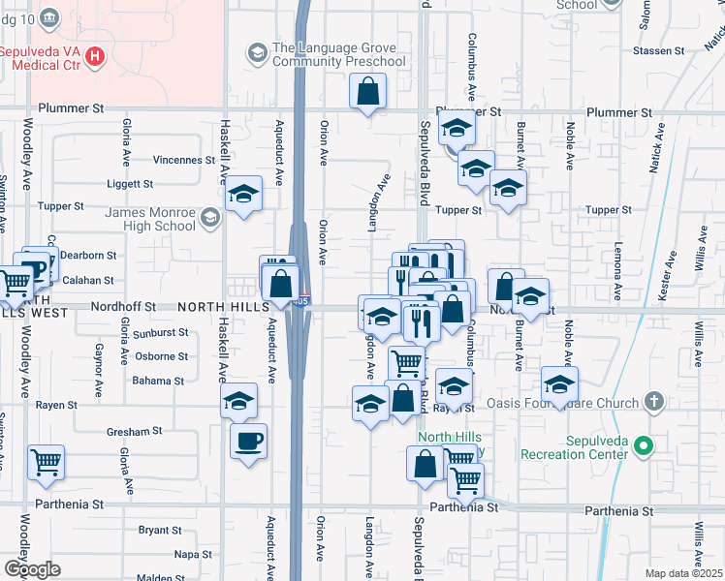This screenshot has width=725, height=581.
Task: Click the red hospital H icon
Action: [x=94, y=56]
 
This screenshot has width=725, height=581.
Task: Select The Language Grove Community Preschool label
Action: [x=339, y=55]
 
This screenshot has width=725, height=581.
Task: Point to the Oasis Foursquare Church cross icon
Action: [x=654, y=401]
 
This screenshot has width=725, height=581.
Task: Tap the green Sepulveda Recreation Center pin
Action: [x=644, y=447]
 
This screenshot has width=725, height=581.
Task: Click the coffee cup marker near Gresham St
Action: [x=249, y=442]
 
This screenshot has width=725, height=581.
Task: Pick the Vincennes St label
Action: [x=184, y=160]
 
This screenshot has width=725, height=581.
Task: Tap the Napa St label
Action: [x=193, y=555]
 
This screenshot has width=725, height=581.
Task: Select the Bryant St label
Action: [x=153, y=530]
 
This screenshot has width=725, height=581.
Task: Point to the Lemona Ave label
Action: [x=616, y=272]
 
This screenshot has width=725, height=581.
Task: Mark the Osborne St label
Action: [x=161, y=356]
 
